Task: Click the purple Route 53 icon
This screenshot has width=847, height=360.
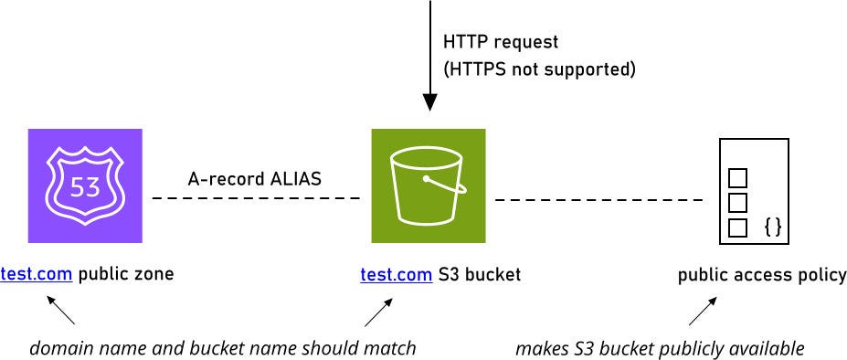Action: pos(85,185)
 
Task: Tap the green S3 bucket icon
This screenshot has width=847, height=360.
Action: pos(428,185)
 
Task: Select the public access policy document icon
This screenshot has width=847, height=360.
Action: pos(754,190)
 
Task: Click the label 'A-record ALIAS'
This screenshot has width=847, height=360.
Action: pos(254,179)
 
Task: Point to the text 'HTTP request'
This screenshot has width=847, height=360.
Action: pos(500,42)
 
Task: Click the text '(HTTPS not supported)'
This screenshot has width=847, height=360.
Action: pos(539,69)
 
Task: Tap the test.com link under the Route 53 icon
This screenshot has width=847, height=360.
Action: pos(37,274)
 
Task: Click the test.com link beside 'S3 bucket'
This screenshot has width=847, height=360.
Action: pos(397,274)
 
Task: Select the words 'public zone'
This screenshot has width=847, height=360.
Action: pos(125,274)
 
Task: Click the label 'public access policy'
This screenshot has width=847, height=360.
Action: pos(762,275)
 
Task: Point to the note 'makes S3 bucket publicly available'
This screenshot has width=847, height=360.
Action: pos(660,348)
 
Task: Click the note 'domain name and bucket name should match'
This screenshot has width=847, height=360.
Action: pos(223,348)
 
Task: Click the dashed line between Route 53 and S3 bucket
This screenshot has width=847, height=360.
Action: pos(256,198)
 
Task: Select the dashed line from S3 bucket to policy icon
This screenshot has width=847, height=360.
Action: pos(598,198)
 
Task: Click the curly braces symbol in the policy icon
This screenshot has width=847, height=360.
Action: pos(772,227)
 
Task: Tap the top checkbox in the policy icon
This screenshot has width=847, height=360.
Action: pos(737,177)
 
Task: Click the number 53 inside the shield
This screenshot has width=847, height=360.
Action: pos(85,187)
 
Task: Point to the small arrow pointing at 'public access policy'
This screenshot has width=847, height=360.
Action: pos(701,312)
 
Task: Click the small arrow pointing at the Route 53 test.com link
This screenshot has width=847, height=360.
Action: pos(62,312)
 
